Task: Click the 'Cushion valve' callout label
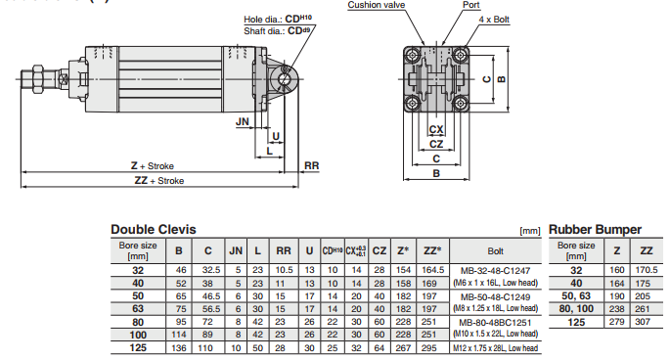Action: coord(376,5)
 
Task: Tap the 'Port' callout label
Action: coord(470,5)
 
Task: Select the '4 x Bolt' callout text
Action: coord(494,20)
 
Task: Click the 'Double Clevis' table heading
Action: coord(153,230)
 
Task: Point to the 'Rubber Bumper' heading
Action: coord(595,230)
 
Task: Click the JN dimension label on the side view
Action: coord(243,121)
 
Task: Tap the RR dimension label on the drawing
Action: coord(311,165)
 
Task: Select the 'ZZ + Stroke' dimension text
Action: coord(159,180)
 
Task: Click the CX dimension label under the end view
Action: coord(436,129)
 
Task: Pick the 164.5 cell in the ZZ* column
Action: coord(433,270)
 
